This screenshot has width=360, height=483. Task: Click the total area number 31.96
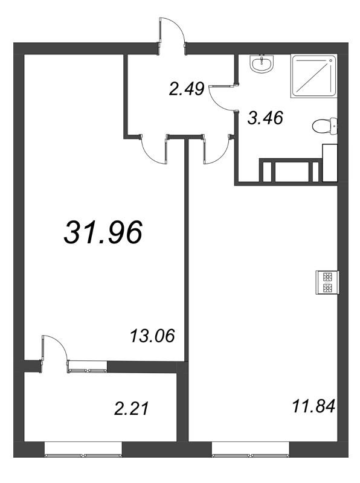[103, 232]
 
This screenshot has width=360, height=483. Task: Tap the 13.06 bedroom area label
[152, 336]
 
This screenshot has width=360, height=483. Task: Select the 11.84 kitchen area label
[313, 406]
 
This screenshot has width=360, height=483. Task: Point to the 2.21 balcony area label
[132, 409]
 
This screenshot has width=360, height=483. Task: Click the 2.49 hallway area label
[187, 89]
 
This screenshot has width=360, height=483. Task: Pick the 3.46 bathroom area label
[265, 118]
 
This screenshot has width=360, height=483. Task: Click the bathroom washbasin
[262, 64]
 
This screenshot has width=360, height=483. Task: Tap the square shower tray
[313, 77]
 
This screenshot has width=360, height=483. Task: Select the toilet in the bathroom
[324, 126]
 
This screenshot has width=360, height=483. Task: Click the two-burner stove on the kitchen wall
[327, 282]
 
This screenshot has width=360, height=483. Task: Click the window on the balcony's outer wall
[83, 449]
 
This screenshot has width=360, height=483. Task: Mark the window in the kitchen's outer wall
[251, 449]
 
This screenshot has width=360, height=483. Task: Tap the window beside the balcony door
[88, 366]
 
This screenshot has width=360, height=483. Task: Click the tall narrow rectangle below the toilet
[330, 162]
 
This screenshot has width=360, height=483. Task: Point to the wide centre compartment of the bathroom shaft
[292, 171]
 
